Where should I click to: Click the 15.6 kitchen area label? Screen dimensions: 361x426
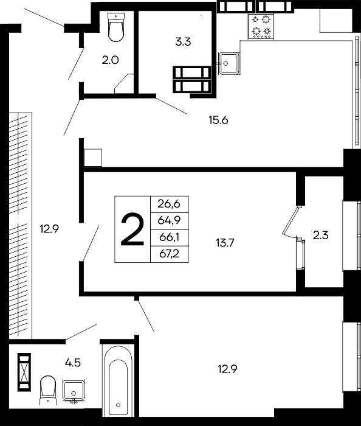point(218,120)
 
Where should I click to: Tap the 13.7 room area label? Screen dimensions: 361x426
point(225,242)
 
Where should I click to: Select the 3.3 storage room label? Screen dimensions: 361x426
point(183,42)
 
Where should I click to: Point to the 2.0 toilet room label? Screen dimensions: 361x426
point(111,60)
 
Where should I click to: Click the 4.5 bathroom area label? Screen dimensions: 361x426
point(73,363)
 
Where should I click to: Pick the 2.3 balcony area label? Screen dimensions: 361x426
point(321,236)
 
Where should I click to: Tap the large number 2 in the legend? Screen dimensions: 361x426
point(132,229)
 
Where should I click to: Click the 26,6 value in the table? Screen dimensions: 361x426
point(169,204)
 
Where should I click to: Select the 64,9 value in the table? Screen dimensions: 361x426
point(169,220)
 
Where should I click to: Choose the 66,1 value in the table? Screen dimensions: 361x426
point(170,237)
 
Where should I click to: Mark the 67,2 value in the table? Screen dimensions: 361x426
point(170,254)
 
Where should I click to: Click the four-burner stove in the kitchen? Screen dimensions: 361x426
point(261,26)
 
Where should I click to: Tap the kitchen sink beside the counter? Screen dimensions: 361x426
point(229,63)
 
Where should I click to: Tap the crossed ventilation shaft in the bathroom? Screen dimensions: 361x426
point(24,372)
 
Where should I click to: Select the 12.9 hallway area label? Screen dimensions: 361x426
point(49,229)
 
